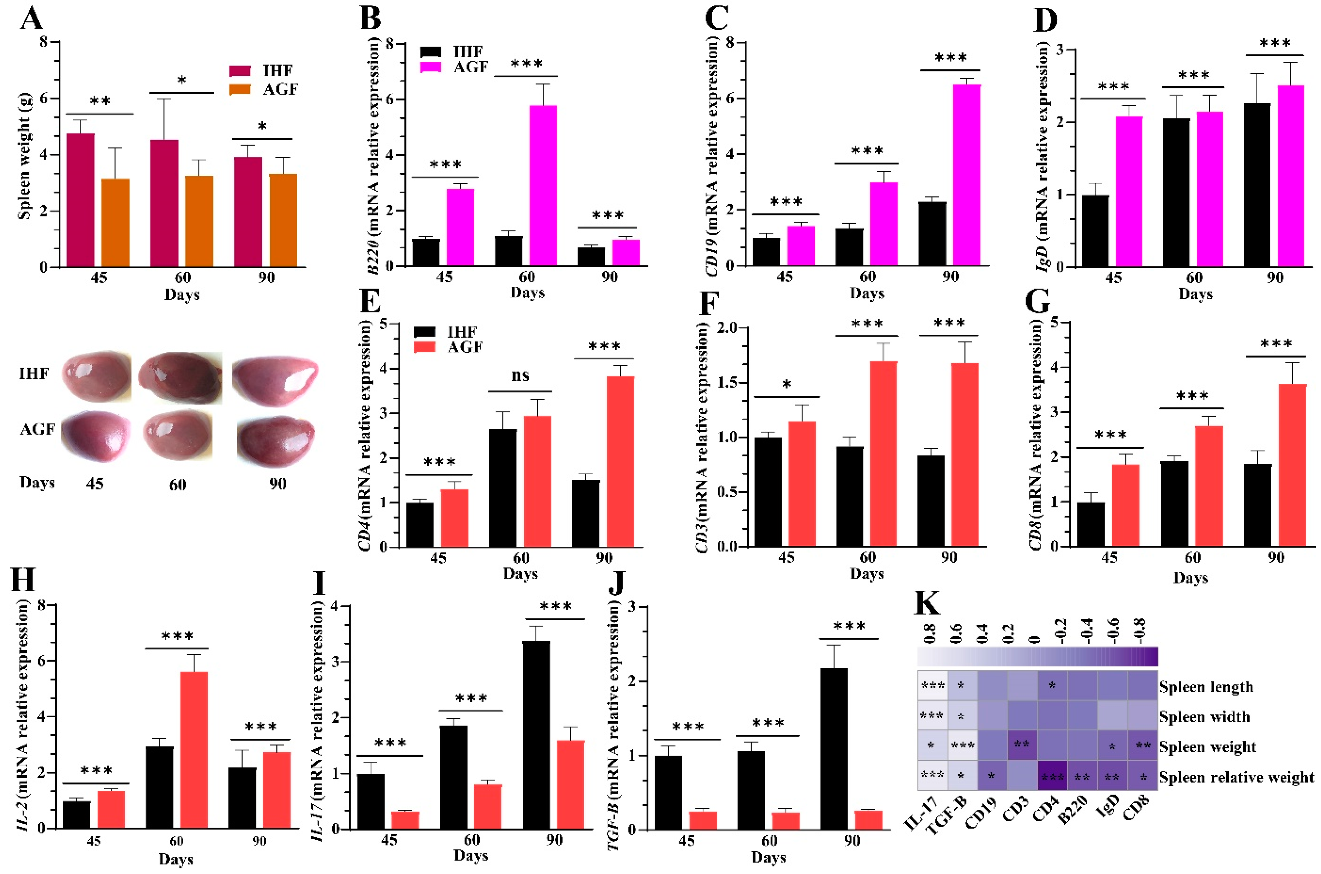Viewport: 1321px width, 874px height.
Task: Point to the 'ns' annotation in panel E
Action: point(520,376)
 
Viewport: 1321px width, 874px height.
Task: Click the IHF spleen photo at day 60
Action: point(179,377)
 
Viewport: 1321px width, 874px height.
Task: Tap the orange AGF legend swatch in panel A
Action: point(240,89)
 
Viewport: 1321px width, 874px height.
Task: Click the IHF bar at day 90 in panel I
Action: point(536,735)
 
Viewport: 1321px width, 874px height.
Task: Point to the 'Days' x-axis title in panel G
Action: point(1190,578)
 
